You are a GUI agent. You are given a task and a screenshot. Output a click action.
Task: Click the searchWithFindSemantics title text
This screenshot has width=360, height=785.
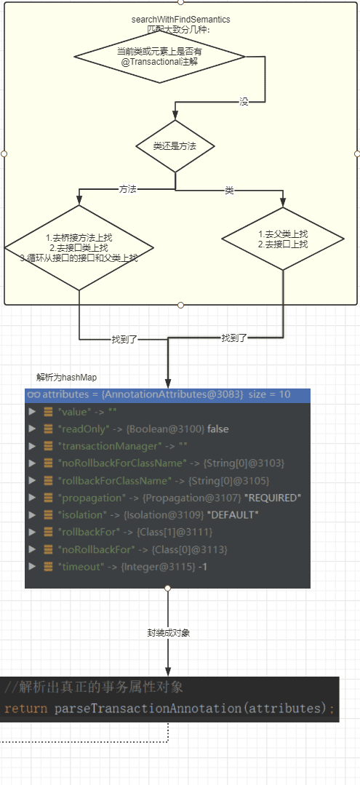(181, 20)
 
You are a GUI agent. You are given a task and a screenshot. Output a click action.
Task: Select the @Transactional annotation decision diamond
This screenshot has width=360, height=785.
(160, 56)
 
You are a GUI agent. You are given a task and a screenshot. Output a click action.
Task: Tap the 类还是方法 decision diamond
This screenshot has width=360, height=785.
(175, 146)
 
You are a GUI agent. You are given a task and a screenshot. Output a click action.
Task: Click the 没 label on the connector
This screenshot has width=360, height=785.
(244, 102)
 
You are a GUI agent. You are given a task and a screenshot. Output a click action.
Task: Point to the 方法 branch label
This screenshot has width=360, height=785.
(128, 189)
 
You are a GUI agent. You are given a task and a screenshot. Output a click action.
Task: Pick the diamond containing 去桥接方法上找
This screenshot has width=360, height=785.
(79, 247)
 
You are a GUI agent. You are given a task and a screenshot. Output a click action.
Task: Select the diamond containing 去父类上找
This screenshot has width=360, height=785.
(283, 239)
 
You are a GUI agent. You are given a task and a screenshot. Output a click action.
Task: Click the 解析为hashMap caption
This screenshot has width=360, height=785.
(63, 377)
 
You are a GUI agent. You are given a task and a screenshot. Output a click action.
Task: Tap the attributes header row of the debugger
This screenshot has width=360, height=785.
(167, 394)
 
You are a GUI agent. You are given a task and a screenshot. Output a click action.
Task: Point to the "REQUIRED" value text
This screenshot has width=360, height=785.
(276, 498)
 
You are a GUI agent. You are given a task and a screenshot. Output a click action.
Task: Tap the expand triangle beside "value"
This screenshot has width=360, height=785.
(33, 412)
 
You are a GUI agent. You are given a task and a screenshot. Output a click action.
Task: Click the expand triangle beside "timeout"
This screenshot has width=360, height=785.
(33, 566)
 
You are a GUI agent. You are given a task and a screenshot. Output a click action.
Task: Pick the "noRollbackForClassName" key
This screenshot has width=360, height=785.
(122, 463)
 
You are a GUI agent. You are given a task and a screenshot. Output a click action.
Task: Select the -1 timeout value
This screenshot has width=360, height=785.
(203, 566)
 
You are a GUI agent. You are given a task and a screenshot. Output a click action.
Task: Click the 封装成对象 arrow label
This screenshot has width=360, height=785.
(168, 632)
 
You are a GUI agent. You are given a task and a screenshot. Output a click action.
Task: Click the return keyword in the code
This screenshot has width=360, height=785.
(26, 709)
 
